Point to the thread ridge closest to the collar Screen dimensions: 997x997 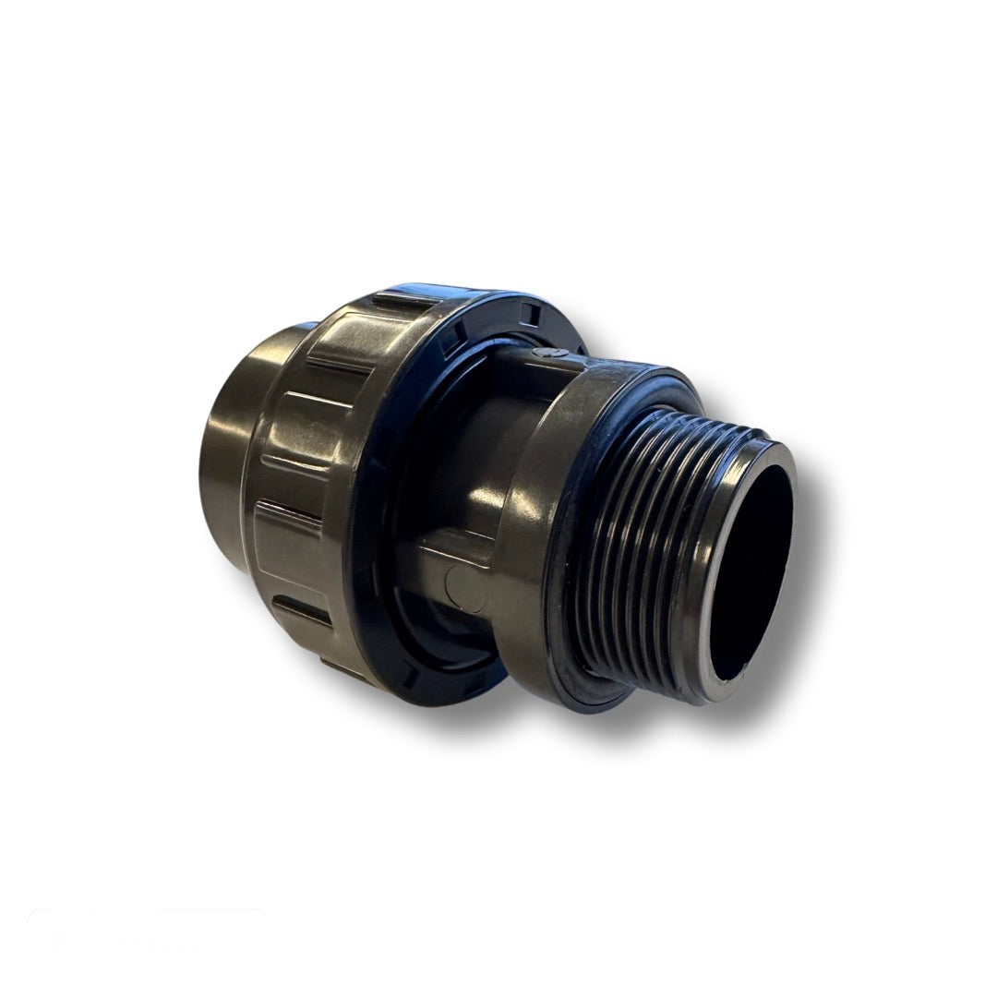[591, 517]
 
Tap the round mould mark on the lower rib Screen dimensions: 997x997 [452, 583]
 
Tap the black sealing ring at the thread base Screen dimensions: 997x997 [563, 637]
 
